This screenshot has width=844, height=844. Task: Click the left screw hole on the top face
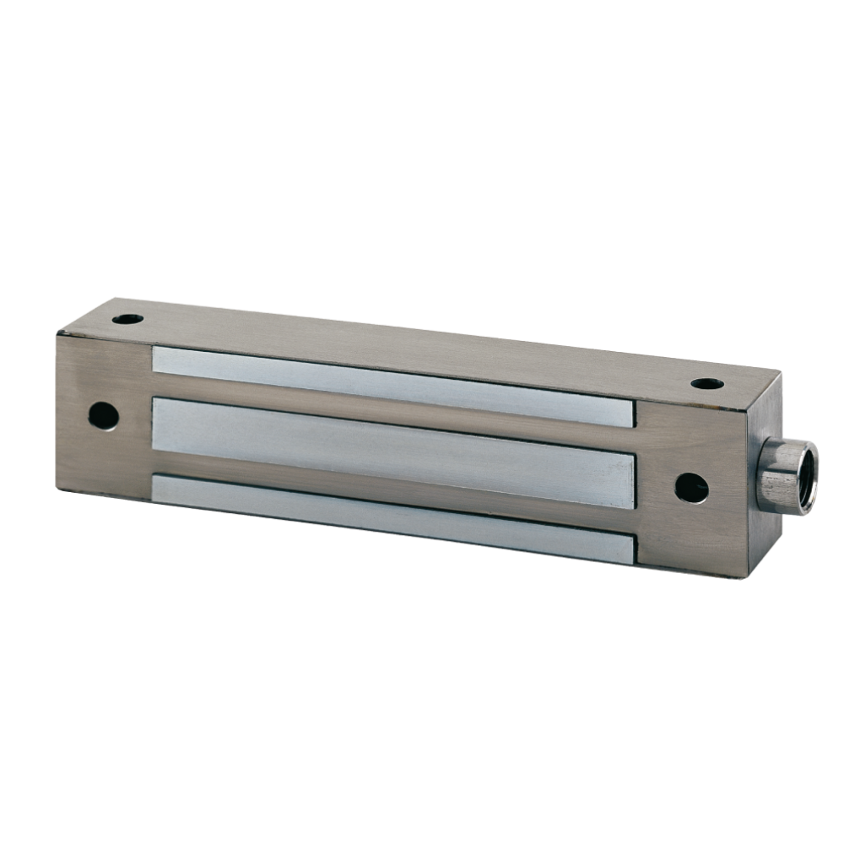[x=128, y=319]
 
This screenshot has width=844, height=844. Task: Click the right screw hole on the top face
[x=706, y=384]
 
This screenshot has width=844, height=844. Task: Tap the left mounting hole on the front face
[x=103, y=415]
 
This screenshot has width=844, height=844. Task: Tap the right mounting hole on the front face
[x=691, y=488]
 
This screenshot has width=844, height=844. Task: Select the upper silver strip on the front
[x=392, y=385]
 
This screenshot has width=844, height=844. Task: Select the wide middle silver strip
[x=392, y=452]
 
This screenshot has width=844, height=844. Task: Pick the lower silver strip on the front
[x=392, y=517]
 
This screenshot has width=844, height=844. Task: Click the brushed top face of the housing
[x=422, y=342]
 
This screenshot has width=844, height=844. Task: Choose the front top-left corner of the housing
[x=58, y=335]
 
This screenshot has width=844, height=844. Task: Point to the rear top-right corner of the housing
[x=779, y=375]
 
